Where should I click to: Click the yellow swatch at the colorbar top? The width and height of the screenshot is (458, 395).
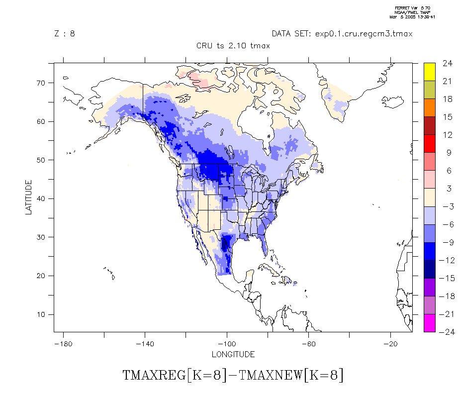(x=430, y=71)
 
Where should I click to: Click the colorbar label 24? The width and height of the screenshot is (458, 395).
(x=447, y=63)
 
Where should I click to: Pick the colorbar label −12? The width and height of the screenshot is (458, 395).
(x=446, y=260)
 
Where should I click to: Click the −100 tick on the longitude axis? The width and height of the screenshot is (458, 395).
(x=227, y=344)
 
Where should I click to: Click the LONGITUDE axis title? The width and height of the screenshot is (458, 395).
(x=233, y=355)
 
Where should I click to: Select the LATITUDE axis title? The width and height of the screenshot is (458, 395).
(x=28, y=197)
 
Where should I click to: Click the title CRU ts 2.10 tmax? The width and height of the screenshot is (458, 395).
(x=233, y=46)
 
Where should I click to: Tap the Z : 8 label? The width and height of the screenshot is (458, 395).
(x=65, y=34)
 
